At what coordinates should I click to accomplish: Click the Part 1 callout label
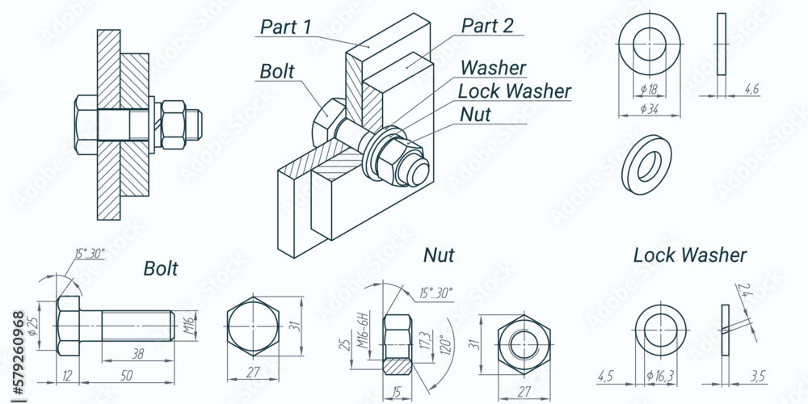point(286,27)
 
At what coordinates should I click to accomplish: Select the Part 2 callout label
point(487,26)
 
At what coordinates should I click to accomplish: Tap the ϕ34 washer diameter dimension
point(650,109)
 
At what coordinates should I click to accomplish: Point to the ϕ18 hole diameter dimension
point(650,90)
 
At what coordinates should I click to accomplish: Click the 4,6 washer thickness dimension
point(751,89)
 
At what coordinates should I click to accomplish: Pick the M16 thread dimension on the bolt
point(190,326)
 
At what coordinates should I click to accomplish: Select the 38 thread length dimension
point(137,354)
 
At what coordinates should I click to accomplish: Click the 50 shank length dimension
point(126,376)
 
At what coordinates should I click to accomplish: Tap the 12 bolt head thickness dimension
point(68,376)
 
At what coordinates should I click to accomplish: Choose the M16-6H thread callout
point(365,330)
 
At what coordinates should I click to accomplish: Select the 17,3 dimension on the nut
point(425,341)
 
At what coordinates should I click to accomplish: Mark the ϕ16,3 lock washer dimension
point(660,377)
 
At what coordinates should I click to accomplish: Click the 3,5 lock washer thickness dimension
point(758,377)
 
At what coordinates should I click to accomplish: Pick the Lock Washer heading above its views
point(690,255)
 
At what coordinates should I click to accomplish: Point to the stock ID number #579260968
point(19,355)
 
